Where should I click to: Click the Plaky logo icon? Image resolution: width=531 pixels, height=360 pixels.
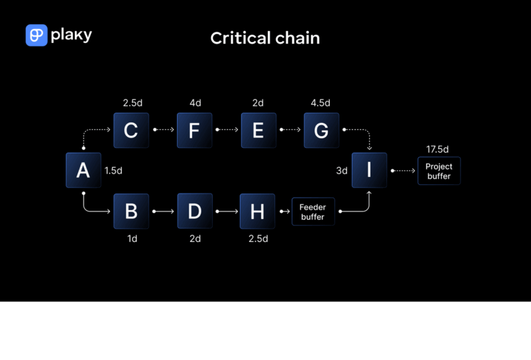coord(36,35)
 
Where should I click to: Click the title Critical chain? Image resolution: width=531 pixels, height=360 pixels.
coord(265,38)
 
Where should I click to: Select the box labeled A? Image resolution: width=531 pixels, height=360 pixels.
coord(83,170)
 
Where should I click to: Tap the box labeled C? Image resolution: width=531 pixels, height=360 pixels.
coord(131,130)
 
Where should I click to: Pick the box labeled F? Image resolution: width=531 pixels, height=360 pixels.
coord(194,130)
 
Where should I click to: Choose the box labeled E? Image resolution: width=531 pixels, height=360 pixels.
coord(258,130)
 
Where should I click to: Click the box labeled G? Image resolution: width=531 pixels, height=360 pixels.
coord(322,130)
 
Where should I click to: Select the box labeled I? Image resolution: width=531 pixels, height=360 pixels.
coord(369,170)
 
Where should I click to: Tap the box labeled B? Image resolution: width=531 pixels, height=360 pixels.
coord(131,211)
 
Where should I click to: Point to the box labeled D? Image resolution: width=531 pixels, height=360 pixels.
coord(194,211)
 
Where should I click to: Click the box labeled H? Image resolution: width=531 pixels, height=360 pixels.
coord(257,211)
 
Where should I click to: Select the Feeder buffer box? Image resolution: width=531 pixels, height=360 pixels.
coord(313,211)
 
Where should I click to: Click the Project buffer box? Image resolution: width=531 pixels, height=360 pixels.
coord(438,171)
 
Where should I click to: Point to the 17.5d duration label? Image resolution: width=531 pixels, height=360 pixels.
coord(438,149)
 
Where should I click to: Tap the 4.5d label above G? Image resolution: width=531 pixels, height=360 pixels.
coord(321,103)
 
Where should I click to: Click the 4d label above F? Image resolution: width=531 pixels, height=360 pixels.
coord(195,103)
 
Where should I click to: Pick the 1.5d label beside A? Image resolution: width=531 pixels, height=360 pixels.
coord(113,170)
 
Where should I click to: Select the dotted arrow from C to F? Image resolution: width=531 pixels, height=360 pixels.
coord(162,129)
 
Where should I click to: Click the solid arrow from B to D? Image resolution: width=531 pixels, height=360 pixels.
coord(162,211)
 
